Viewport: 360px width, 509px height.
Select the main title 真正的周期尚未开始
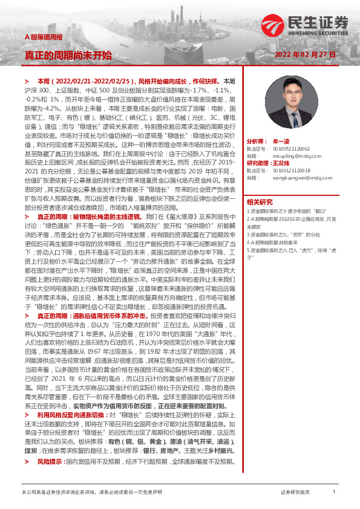pos(68,55)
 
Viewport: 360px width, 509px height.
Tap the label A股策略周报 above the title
pos(44,37)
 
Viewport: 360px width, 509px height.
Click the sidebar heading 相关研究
pos(260,202)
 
